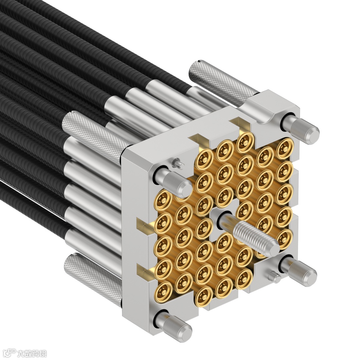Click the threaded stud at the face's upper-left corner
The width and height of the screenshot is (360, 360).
pyautogui.click(x=174, y=182)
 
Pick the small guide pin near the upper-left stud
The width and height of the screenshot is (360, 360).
pyautogui.click(x=178, y=163)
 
